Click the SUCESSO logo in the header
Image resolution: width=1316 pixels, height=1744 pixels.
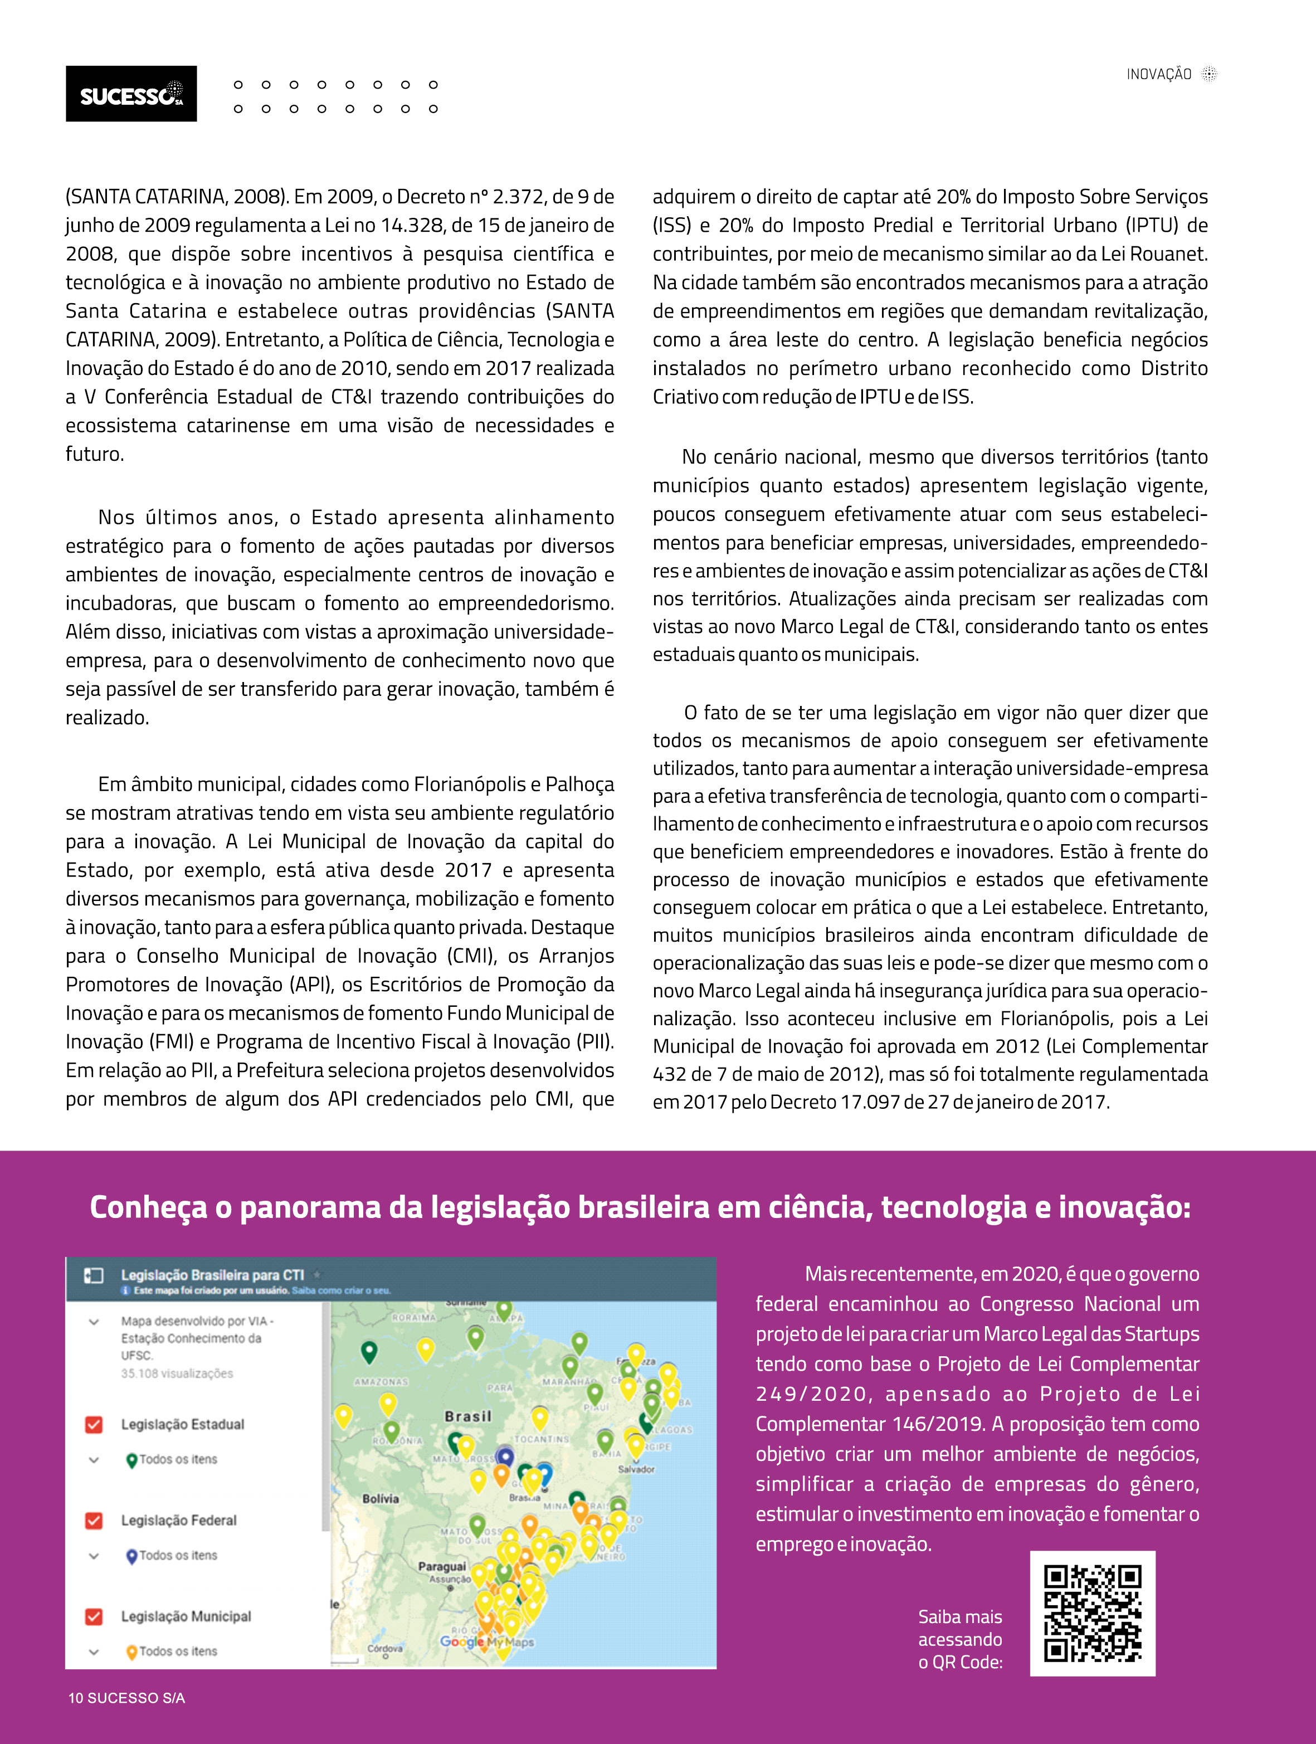pyautogui.click(x=131, y=94)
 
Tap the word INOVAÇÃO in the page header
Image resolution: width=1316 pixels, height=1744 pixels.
pyautogui.click(x=1158, y=75)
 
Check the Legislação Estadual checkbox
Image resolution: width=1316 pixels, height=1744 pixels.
pyautogui.click(x=94, y=1424)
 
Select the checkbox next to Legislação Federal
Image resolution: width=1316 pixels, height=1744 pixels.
pyautogui.click(x=94, y=1520)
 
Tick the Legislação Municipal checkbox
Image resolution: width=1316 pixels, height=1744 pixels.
pyautogui.click(x=94, y=1616)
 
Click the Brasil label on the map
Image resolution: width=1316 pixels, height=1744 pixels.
pyautogui.click(x=467, y=1416)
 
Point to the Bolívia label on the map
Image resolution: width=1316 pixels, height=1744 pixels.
pyautogui.click(x=380, y=1498)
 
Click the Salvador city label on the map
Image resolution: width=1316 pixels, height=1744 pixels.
pyautogui.click(x=636, y=1469)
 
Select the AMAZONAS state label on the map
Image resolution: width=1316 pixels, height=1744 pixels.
pyautogui.click(x=382, y=1381)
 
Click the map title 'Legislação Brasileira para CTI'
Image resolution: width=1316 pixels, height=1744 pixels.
pyautogui.click(x=212, y=1275)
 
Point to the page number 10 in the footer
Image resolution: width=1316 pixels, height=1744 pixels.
pyautogui.click(x=76, y=1698)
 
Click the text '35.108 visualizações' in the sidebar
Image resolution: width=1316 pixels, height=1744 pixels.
pyautogui.click(x=177, y=1373)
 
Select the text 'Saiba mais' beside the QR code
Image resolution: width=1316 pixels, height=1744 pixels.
pyautogui.click(x=959, y=1616)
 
